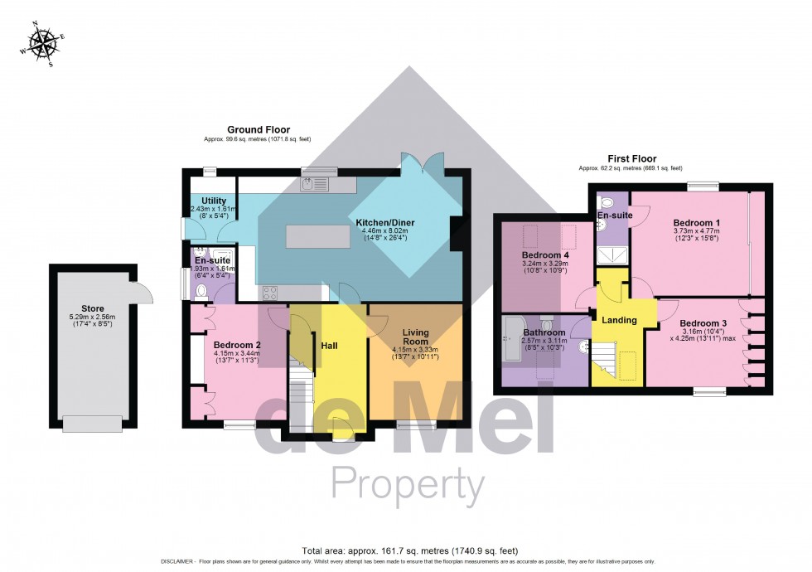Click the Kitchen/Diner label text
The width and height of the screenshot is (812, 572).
click(x=385, y=224)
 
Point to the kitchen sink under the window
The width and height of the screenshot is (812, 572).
click(x=315, y=185)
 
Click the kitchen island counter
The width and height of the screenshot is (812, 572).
click(x=316, y=236)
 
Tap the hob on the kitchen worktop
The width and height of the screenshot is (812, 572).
click(x=270, y=291)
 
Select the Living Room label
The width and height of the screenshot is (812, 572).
click(x=416, y=336)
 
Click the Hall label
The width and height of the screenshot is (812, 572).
click(x=329, y=345)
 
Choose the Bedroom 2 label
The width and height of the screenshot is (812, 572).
click(x=237, y=345)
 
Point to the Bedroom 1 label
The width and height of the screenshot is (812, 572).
click(x=696, y=224)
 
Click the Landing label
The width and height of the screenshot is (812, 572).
click(x=619, y=320)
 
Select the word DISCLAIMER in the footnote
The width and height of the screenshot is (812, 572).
click(x=174, y=561)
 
